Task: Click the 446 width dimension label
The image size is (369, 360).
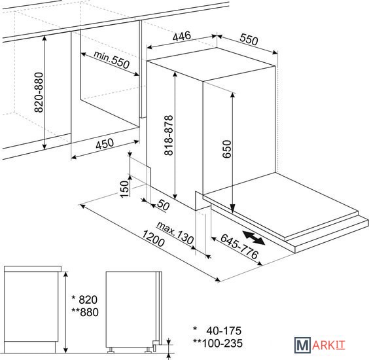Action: (x=181, y=36)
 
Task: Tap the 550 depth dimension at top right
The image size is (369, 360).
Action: (x=249, y=39)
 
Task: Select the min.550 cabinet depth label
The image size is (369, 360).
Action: (x=111, y=60)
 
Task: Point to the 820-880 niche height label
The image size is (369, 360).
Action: (x=39, y=92)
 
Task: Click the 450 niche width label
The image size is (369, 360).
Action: (x=105, y=143)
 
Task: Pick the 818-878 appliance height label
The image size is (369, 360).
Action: (x=169, y=135)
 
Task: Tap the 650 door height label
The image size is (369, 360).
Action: (x=227, y=149)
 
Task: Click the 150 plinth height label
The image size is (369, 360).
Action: (x=124, y=189)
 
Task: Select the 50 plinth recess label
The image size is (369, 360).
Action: (x=163, y=205)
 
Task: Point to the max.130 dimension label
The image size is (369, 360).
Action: (x=175, y=232)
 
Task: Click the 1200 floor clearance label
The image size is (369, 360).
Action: (x=154, y=238)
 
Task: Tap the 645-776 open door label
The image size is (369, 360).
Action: (x=239, y=246)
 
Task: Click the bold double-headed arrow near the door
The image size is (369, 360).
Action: (x=253, y=238)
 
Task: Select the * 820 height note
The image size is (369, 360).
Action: (x=84, y=300)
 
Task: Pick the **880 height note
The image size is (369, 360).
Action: (x=85, y=312)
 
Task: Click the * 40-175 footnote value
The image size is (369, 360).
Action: (x=217, y=331)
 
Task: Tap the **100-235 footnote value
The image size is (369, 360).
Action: (x=218, y=343)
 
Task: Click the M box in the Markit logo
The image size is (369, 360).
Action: (x=302, y=345)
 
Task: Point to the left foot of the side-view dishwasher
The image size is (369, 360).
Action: (x=111, y=350)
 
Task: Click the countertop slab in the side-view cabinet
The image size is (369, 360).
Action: (x=33, y=268)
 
